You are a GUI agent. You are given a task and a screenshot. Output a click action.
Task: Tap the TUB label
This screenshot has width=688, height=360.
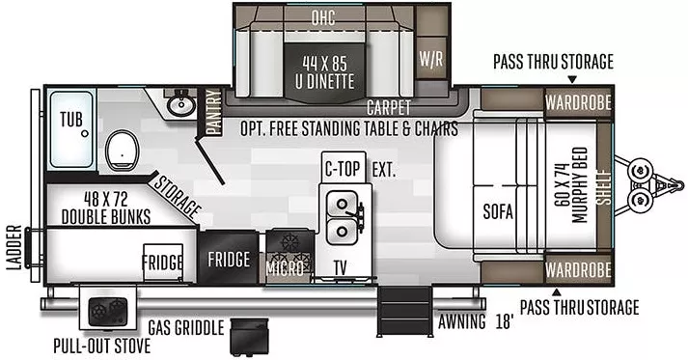(70, 120)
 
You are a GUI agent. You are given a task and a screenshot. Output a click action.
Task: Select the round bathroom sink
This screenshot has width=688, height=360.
(179, 103)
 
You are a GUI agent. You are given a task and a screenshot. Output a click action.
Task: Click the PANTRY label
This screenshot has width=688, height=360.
(213, 110)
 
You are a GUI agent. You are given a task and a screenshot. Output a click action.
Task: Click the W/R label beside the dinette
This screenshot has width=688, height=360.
(430, 57)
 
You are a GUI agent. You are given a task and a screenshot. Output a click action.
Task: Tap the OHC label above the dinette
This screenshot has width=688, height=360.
(322, 16)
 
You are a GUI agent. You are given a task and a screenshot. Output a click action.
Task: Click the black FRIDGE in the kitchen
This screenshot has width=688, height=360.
(229, 260)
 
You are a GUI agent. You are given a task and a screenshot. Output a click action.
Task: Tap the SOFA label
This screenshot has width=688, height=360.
(498, 211)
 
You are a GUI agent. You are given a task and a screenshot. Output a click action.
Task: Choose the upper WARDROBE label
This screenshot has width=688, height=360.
(576, 101)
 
